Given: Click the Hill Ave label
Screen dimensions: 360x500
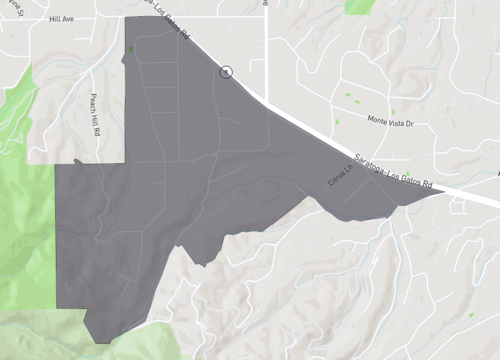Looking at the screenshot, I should click(x=61, y=18).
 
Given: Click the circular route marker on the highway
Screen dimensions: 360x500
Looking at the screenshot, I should click(x=227, y=72).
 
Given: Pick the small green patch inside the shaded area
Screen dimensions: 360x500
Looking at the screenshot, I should click(x=130, y=49).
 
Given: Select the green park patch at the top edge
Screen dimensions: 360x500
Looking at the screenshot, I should click(x=357, y=6).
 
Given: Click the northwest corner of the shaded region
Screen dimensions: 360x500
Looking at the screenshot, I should click(x=126, y=18).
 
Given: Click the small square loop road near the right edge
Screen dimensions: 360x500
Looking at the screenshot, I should click(x=459, y=207).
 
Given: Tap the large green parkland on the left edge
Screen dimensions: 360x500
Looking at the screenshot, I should click(x=25, y=230).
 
